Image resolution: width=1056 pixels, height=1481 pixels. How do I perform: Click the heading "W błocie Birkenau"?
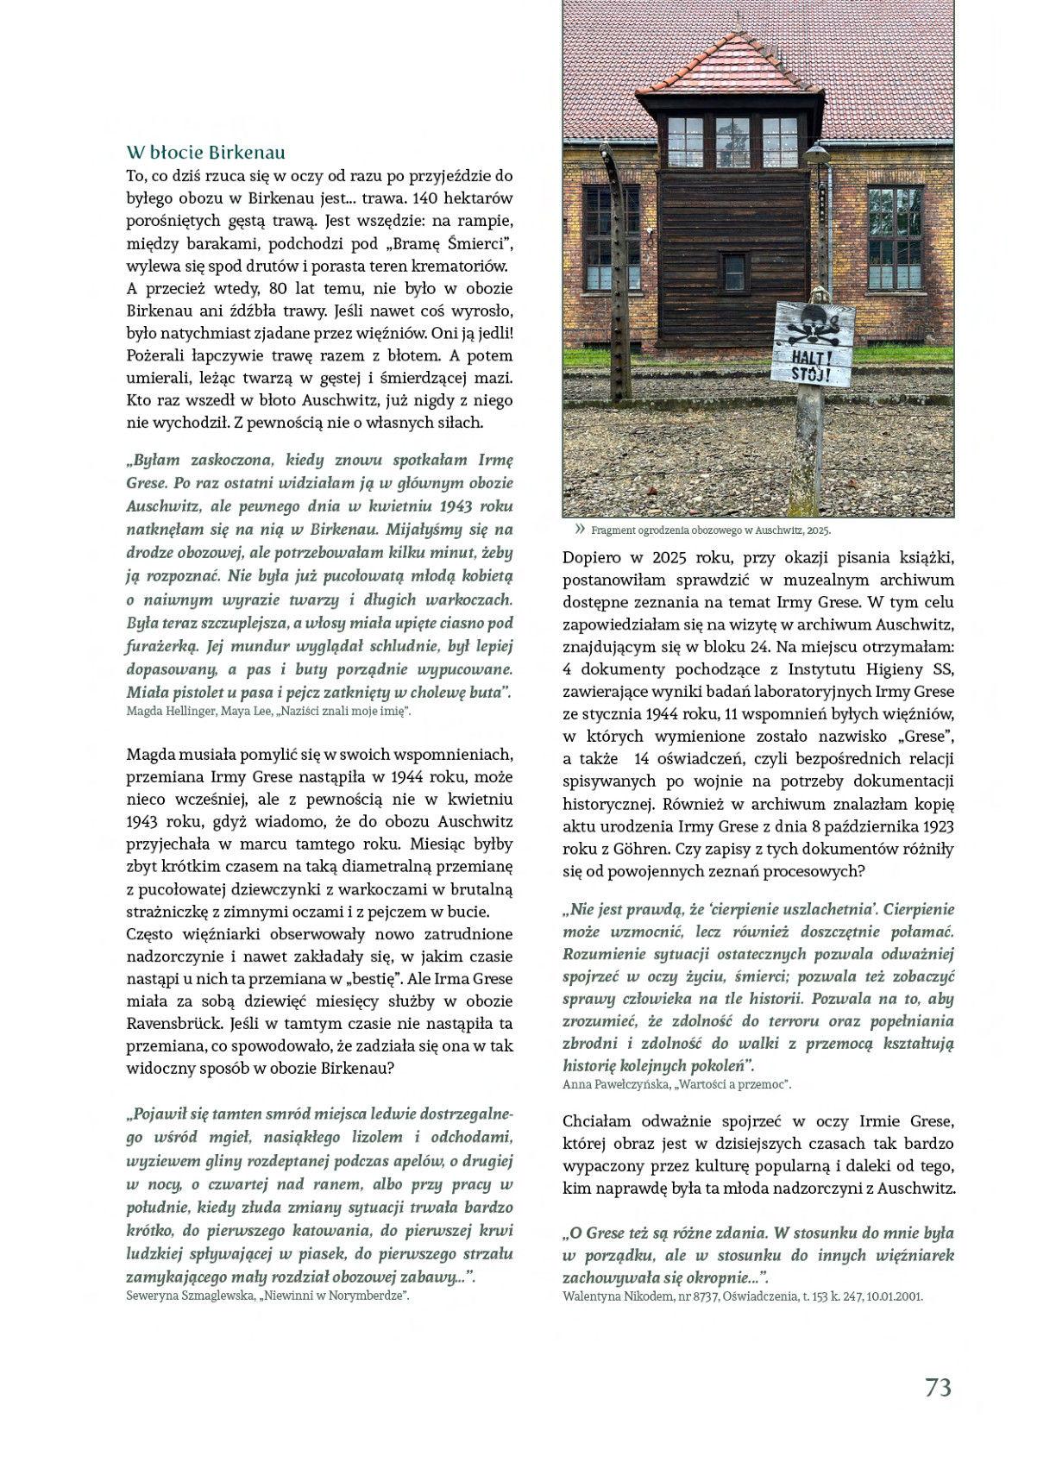pyautogui.click(x=205, y=153)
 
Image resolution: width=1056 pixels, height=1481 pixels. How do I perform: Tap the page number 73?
pyautogui.click(x=938, y=1387)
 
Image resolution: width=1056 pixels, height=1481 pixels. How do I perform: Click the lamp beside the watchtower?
pyautogui.click(x=816, y=157)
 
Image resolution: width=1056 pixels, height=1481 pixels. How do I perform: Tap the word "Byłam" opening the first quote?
pyautogui.click(x=154, y=461)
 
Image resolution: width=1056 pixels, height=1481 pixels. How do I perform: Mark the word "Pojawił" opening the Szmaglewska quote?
pyautogui.click(x=157, y=1114)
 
